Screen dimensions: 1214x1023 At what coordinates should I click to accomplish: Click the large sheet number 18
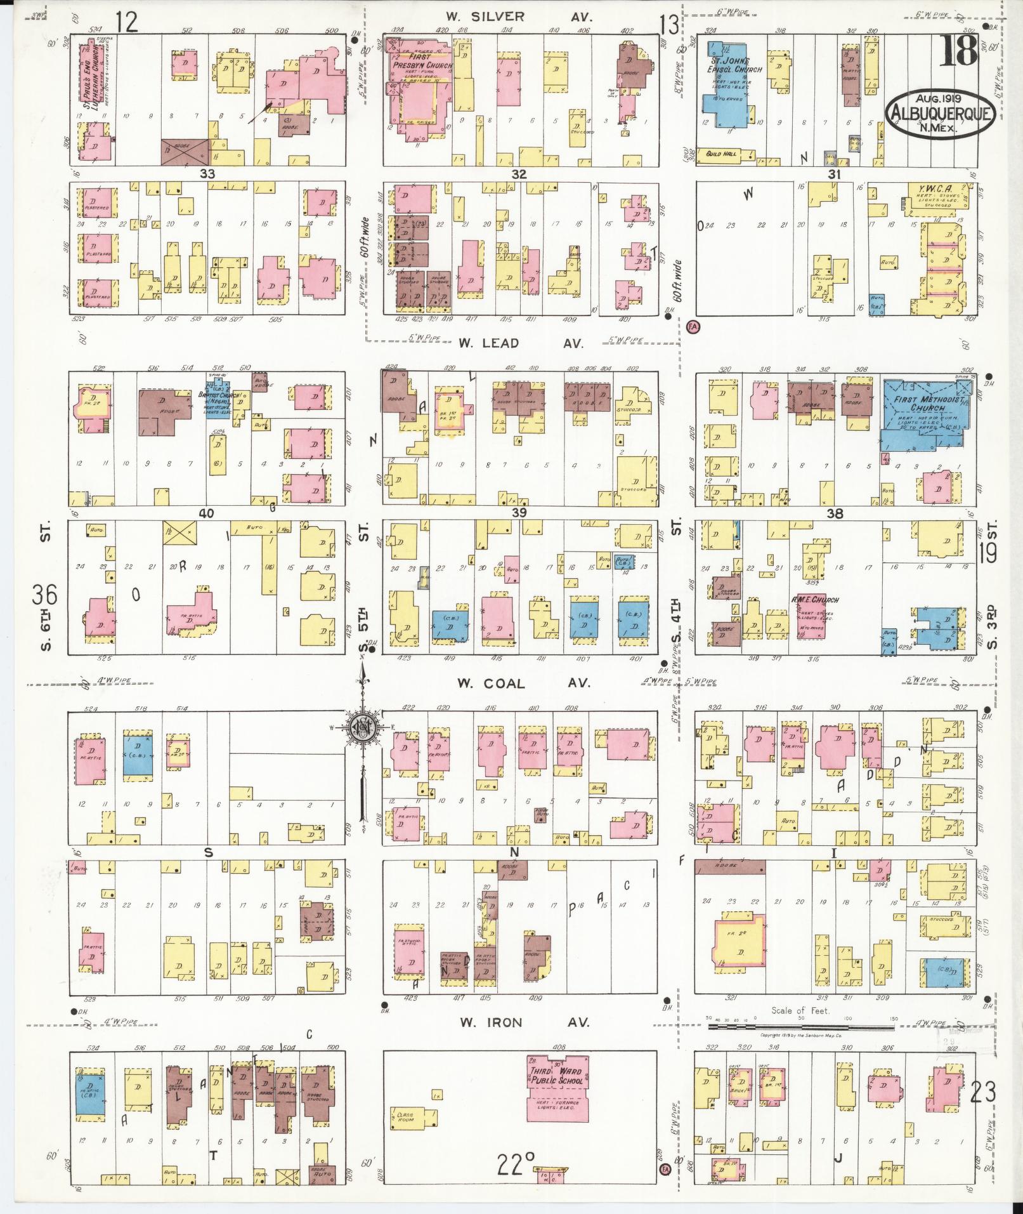957,51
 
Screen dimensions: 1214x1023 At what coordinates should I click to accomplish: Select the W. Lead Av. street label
519,343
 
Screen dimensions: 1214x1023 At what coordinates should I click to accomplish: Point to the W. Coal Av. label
523,683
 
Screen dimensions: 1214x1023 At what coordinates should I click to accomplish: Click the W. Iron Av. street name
523,1022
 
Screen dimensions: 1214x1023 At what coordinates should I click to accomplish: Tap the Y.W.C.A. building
939,197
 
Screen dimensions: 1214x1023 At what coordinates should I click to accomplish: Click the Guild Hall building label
726,154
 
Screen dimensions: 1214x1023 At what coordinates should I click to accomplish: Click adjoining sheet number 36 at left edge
45,596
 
